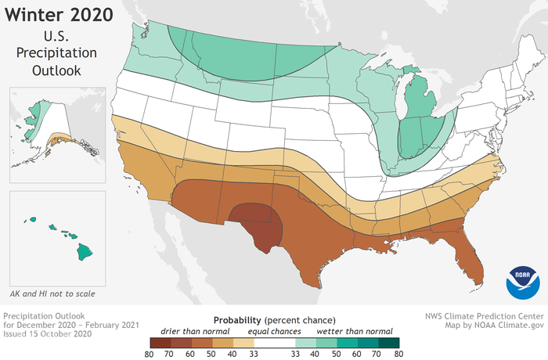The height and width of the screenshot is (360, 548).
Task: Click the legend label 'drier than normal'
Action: click(x=195, y=332)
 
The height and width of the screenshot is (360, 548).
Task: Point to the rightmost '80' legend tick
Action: click(x=399, y=354)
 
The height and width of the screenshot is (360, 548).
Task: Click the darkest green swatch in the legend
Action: click(x=389, y=343)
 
